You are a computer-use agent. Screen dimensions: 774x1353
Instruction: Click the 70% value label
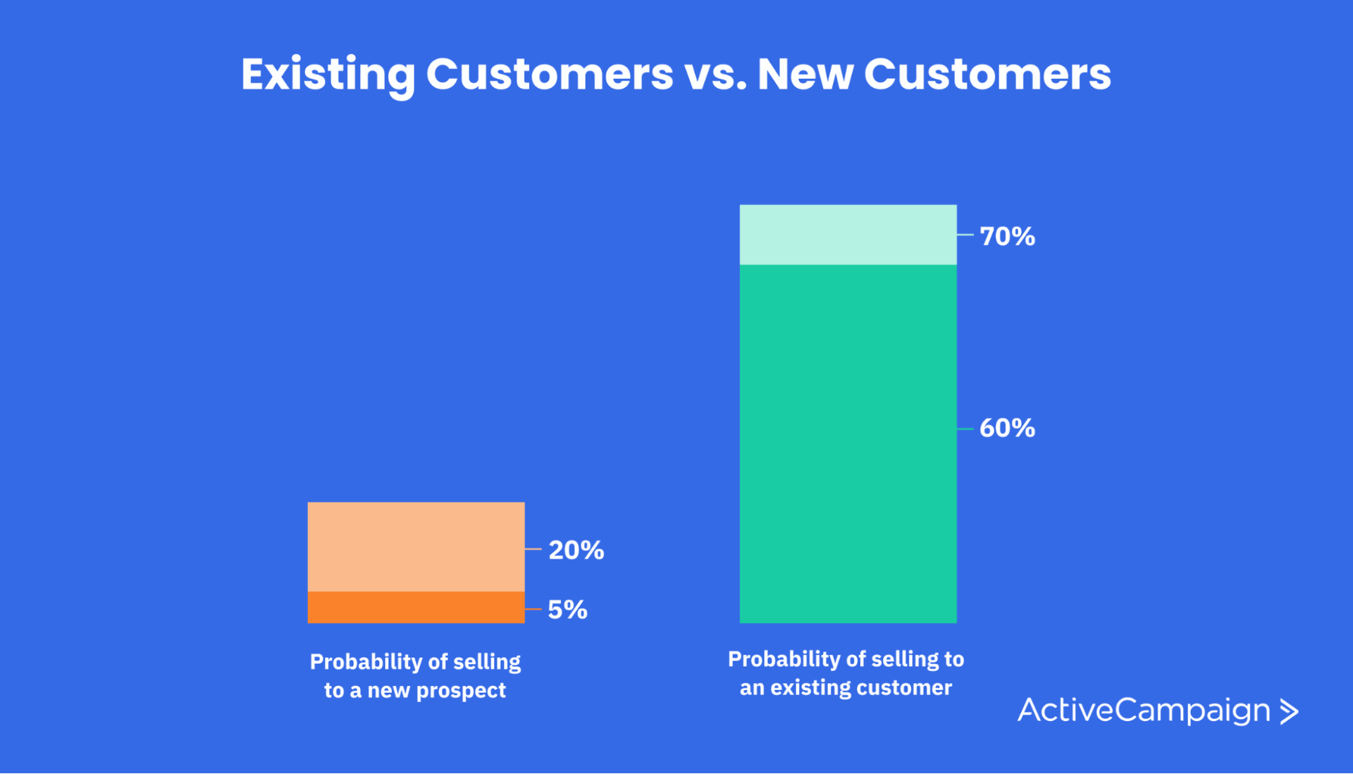click(x=1006, y=236)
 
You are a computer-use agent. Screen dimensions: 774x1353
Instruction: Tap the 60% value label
click(x=1006, y=428)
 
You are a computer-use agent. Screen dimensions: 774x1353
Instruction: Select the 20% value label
click(x=576, y=550)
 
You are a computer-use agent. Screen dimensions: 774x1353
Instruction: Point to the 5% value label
click(x=567, y=610)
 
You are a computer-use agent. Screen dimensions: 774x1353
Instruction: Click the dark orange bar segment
click(x=416, y=607)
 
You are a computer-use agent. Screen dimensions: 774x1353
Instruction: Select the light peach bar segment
click(x=416, y=546)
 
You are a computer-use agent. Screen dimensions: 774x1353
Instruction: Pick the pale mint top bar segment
click(x=848, y=235)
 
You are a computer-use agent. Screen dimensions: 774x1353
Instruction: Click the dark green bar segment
click(x=848, y=444)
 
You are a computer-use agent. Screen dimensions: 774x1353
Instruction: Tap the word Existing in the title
click(x=328, y=74)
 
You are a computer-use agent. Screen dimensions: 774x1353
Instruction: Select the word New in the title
click(x=805, y=74)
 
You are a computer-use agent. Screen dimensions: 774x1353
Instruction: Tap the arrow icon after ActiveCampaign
click(x=1289, y=711)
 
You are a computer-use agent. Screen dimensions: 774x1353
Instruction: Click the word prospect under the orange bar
click(x=461, y=690)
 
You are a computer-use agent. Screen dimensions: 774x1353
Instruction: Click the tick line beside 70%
click(x=965, y=235)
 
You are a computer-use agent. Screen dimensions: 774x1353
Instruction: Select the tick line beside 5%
click(x=533, y=609)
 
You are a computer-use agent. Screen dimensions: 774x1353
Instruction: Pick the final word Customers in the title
click(x=987, y=74)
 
